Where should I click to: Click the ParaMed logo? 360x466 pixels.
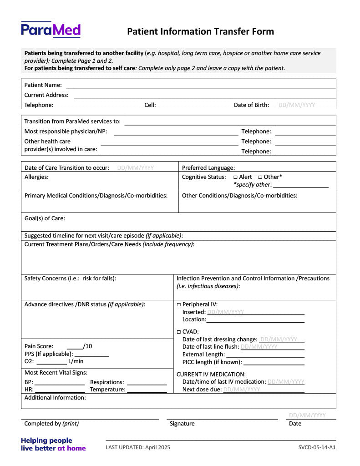click(51, 30)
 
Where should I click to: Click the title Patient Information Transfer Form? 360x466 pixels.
click(200, 31)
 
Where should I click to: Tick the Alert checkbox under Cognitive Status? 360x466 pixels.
click(235, 177)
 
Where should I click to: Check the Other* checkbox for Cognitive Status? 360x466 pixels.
click(260, 177)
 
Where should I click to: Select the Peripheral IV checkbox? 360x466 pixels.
click(179, 304)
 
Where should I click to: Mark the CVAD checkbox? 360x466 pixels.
click(179, 332)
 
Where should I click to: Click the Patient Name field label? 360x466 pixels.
click(43, 85)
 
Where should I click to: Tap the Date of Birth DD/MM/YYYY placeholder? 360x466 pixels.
click(296, 105)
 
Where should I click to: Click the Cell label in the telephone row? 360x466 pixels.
click(150, 105)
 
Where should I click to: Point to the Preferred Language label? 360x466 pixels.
click(208, 168)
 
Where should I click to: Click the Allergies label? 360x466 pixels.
click(36, 177)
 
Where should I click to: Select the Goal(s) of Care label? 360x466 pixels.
click(45, 218)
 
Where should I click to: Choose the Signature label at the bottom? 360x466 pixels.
click(182, 424)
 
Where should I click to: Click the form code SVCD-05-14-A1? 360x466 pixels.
click(314, 447)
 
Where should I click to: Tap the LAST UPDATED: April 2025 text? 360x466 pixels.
click(138, 447)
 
